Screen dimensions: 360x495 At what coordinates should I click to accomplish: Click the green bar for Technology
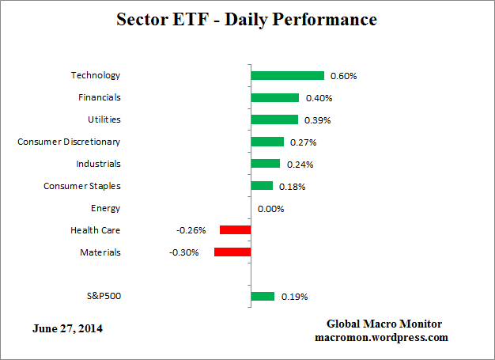point(287,76)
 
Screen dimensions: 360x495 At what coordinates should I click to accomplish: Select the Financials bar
point(274,98)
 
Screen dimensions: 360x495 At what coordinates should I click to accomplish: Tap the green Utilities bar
point(274,119)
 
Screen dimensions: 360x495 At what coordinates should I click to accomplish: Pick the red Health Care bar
point(235,230)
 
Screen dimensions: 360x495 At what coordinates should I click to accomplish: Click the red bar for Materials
point(232,252)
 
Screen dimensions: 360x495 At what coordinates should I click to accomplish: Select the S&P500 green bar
point(263,297)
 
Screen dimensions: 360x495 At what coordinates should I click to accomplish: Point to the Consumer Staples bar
point(262,186)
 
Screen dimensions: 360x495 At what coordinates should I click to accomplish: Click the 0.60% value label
point(344,76)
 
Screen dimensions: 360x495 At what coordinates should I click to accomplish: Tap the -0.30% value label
point(184,252)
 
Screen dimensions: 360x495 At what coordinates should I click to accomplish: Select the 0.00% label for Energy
point(271,209)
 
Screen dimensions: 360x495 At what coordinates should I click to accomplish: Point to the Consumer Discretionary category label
point(69,142)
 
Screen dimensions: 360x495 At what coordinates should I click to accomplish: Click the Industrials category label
point(98,164)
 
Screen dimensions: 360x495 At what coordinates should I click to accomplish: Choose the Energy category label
point(105,208)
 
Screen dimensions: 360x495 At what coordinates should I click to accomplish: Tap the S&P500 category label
point(104,297)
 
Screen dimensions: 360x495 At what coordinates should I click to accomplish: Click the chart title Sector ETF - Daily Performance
point(247,18)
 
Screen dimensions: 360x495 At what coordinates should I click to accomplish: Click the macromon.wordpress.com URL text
point(381,337)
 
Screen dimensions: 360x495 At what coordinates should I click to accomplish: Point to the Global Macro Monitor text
point(384,324)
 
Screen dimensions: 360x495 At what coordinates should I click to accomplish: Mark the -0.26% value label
point(191,230)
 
